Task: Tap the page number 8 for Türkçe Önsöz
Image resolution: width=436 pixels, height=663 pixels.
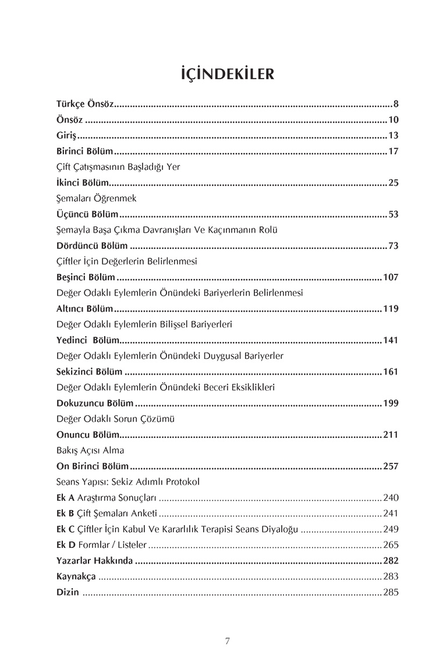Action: [x=395, y=105]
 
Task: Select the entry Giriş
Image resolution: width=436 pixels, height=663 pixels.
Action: [x=66, y=136]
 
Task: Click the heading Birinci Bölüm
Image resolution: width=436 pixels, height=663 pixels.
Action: [x=84, y=152]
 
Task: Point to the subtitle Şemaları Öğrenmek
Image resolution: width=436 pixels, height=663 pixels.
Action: [x=96, y=198]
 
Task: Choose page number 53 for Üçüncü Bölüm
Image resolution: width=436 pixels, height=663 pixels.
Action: [x=393, y=214]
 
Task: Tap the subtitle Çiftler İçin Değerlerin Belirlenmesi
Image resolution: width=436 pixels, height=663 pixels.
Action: [x=126, y=261]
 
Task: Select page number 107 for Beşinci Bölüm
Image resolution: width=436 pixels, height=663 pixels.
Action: [x=390, y=277]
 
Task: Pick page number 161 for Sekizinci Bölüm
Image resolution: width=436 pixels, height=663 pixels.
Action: [x=390, y=372]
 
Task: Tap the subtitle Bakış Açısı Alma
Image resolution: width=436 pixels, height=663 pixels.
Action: [x=90, y=450]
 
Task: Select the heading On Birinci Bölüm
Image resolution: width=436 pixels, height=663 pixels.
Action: [x=92, y=466]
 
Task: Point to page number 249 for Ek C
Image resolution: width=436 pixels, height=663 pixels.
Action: [x=390, y=529]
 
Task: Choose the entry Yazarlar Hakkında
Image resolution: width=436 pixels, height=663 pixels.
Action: [x=94, y=561]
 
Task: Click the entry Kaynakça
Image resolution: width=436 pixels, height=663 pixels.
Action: [x=76, y=576]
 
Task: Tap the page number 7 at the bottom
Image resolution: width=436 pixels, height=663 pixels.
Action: [x=228, y=641]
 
